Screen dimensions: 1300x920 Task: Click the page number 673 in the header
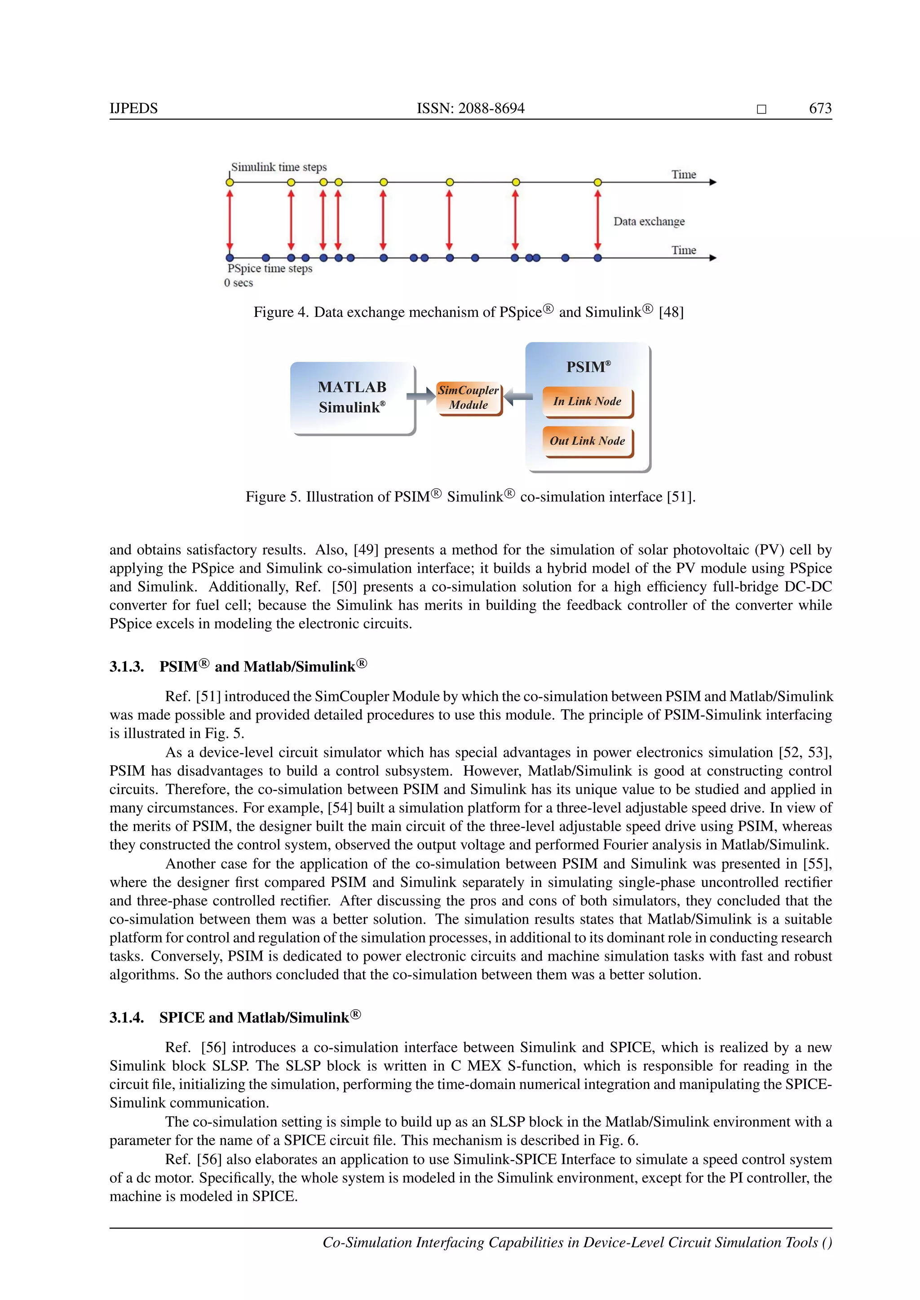click(x=820, y=108)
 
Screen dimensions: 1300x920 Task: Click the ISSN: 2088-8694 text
click(x=470, y=108)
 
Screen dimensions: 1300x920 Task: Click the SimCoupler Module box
click(x=469, y=397)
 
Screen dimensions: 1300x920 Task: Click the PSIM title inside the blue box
click(x=588, y=367)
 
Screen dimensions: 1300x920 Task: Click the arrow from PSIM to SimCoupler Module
click(x=518, y=396)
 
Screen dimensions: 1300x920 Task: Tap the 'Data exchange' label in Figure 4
click(x=649, y=221)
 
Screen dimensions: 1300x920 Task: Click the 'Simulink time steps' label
click(x=279, y=167)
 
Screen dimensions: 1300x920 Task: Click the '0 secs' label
click(x=239, y=283)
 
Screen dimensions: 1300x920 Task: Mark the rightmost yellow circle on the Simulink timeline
click(x=597, y=182)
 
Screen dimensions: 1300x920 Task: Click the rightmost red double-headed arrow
click(x=597, y=220)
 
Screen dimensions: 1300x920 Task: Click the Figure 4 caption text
click(x=469, y=312)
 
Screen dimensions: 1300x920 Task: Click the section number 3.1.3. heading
click(x=126, y=667)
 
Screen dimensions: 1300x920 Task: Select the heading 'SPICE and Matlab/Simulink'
click(x=260, y=1018)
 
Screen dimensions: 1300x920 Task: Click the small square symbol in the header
click(x=761, y=109)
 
